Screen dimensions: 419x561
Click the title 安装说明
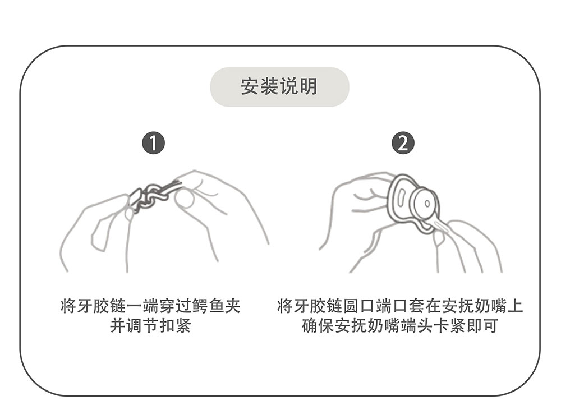(x=279, y=86)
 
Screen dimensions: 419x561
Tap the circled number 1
(x=153, y=144)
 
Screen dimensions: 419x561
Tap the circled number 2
(x=402, y=144)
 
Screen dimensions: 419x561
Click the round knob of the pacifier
(x=425, y=202)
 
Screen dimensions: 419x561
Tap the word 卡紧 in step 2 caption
(x=450, y=326)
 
